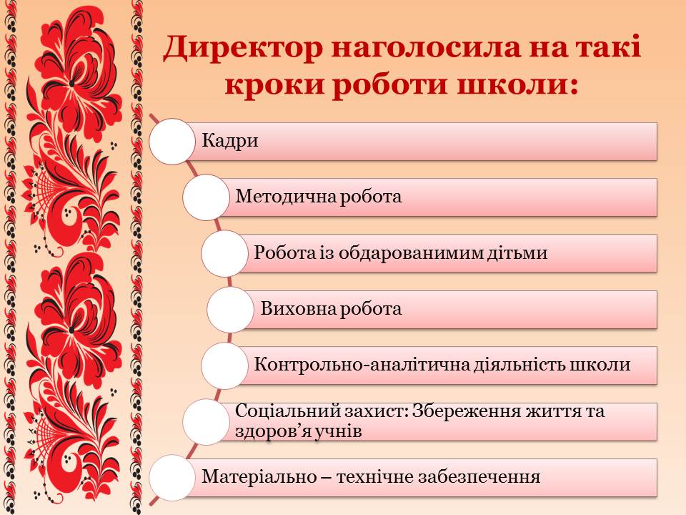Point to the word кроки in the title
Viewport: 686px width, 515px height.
click(x=274, y=85)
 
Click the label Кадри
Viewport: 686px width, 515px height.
click(x=229, y=141)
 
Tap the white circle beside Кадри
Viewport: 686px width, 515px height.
click(x=172, y=142)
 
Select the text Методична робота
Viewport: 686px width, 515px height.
click(x=318, y=197)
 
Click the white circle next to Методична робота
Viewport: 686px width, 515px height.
click(x=206, y=197)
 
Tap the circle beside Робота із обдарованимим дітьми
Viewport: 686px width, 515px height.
click(x=224, y=253)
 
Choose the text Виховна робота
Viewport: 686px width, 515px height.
click(x=331, y=309)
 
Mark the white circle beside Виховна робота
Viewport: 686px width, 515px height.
click(x=229, y=310)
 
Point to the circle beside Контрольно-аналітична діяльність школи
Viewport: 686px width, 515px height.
click(x=224, y=366)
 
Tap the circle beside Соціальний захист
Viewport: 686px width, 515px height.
click(x=206, y=422)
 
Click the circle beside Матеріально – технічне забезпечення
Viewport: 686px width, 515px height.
click(x=172, y=478)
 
